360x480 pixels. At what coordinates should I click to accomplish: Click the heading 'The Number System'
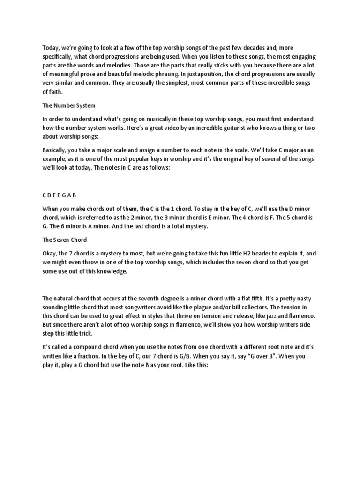pos(69,105)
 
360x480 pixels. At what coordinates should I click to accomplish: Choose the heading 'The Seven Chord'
pos(65,240)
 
